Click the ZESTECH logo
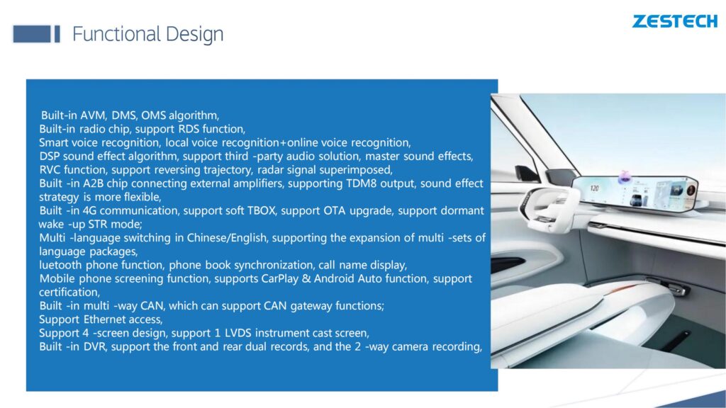point(675,21)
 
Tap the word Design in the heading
point(194,35)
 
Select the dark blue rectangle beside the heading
point(31,34)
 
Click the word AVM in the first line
point(94,115)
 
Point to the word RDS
point(189,129)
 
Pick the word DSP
point(50,156)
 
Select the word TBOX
point(261,210)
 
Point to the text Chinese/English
point(227,238)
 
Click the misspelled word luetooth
point(60,265)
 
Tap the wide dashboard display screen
point(635,191)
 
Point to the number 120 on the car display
point(595,188)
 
